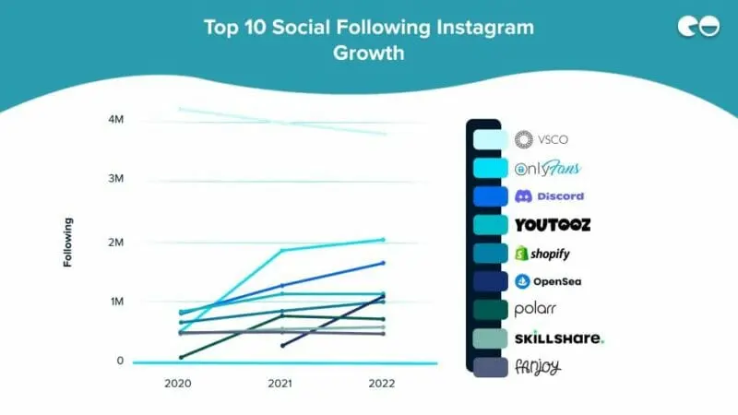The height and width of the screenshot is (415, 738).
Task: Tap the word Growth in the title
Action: (369, 53)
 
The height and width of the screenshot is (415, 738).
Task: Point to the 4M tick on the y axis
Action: (116, 120)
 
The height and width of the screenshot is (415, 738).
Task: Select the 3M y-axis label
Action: (116, 178)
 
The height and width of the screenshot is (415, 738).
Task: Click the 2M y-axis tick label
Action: (116, 243)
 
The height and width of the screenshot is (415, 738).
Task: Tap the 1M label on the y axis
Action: (116, 302)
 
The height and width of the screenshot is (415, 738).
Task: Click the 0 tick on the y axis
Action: (120, 361)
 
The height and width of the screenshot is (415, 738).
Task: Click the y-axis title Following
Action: (68, 243)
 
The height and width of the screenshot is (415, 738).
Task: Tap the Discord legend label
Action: (549, 196)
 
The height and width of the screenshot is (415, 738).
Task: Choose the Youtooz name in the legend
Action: (552, 224)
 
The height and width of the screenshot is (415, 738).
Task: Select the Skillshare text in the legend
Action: (559, 338)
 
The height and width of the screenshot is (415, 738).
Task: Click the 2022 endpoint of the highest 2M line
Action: (383, 240)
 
